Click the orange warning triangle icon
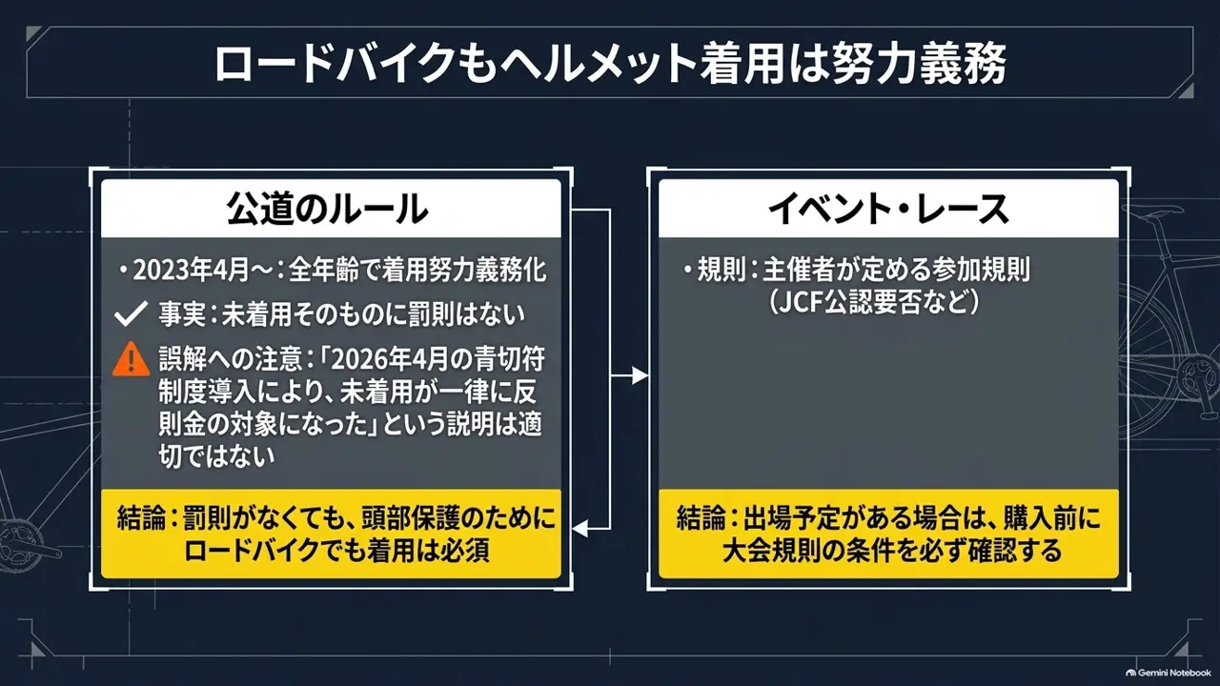[x=131, y=359]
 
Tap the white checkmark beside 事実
[x=131, y=313]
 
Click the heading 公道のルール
[x=327, y=209]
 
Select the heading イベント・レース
[x=888, y=209]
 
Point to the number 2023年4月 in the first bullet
[x=191, y=270]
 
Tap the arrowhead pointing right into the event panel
[x=640, y=375]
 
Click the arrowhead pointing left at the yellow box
[x=580, y=528]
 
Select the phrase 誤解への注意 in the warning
[x=231, y=359]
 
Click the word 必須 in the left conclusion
[x=464, y=551]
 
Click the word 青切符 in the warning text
[x=509, y=359]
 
